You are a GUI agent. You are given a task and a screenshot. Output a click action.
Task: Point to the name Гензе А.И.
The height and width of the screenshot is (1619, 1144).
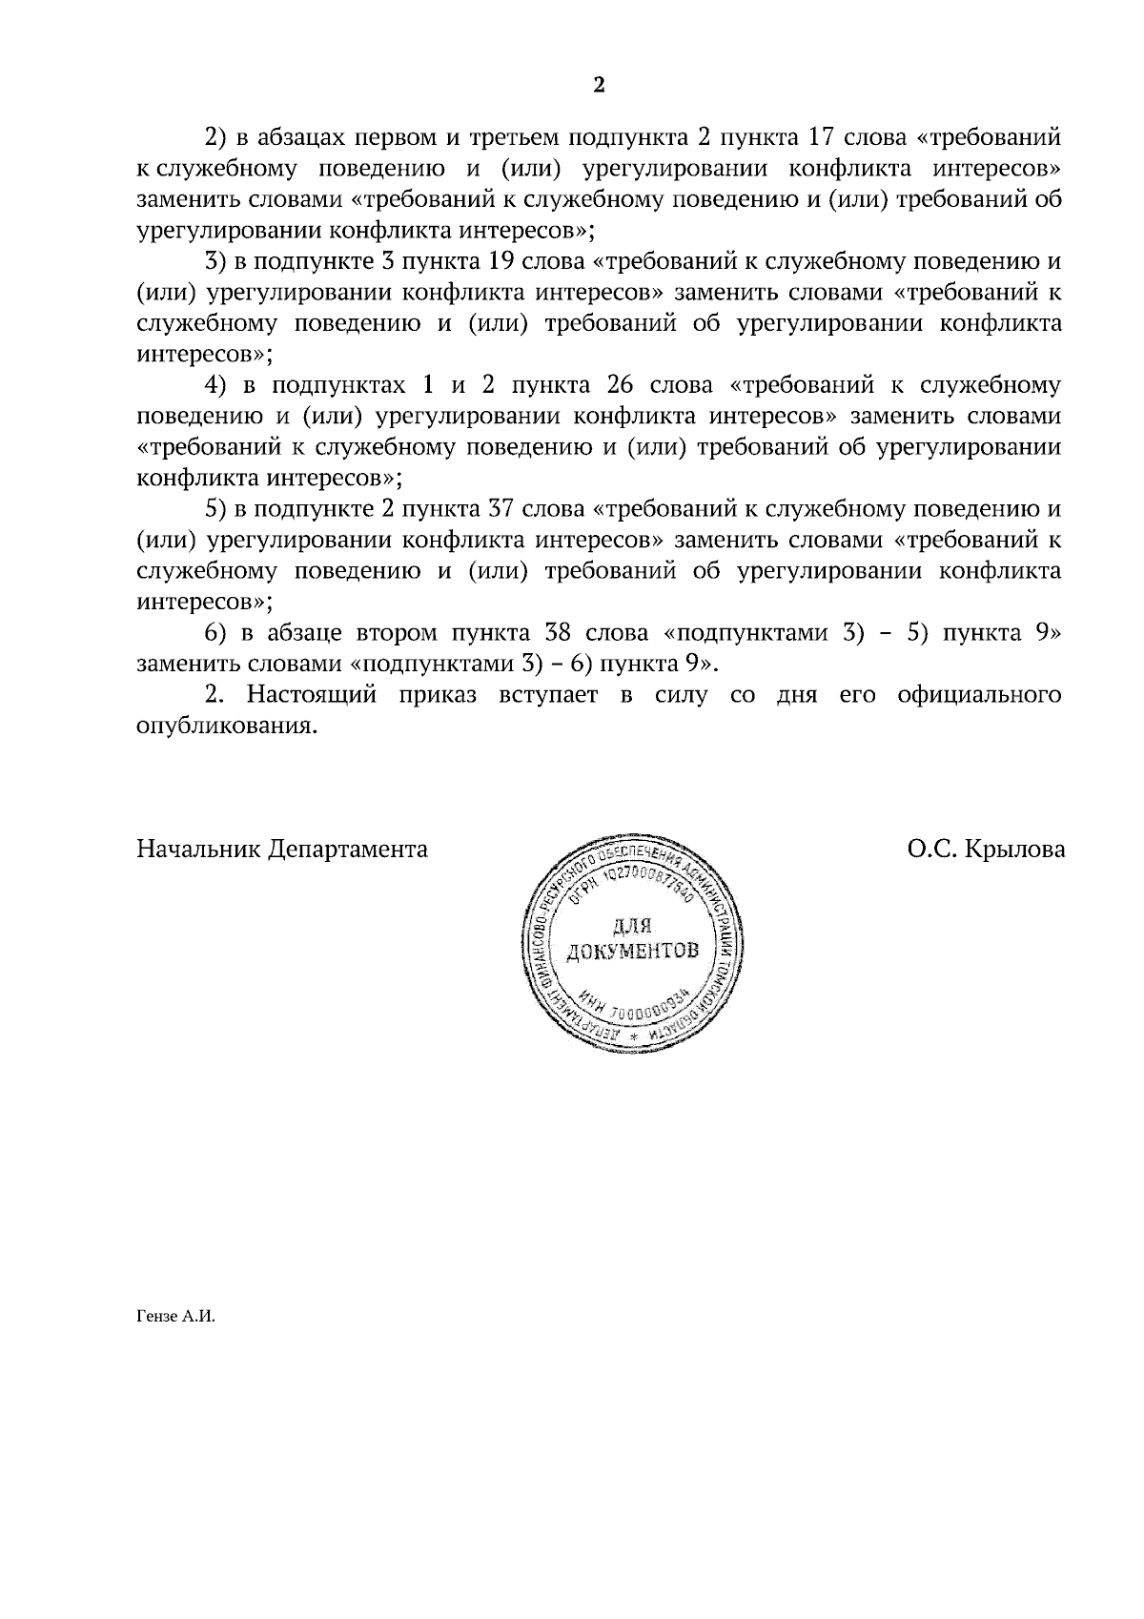(x=176, y=1318)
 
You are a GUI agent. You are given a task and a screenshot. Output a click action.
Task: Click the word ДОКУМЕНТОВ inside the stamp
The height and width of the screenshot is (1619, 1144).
(x=632, y=952)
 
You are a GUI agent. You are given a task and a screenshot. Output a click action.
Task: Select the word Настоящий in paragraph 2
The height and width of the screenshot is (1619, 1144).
(x=312, y=695)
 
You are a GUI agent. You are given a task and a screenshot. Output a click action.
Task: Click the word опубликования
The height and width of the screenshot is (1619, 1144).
(x=225, y=726)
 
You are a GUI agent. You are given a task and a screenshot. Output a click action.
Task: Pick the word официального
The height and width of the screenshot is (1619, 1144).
(x=979, y=695)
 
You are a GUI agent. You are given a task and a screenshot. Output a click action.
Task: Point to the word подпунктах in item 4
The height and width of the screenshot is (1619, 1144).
(x=336, y=386)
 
